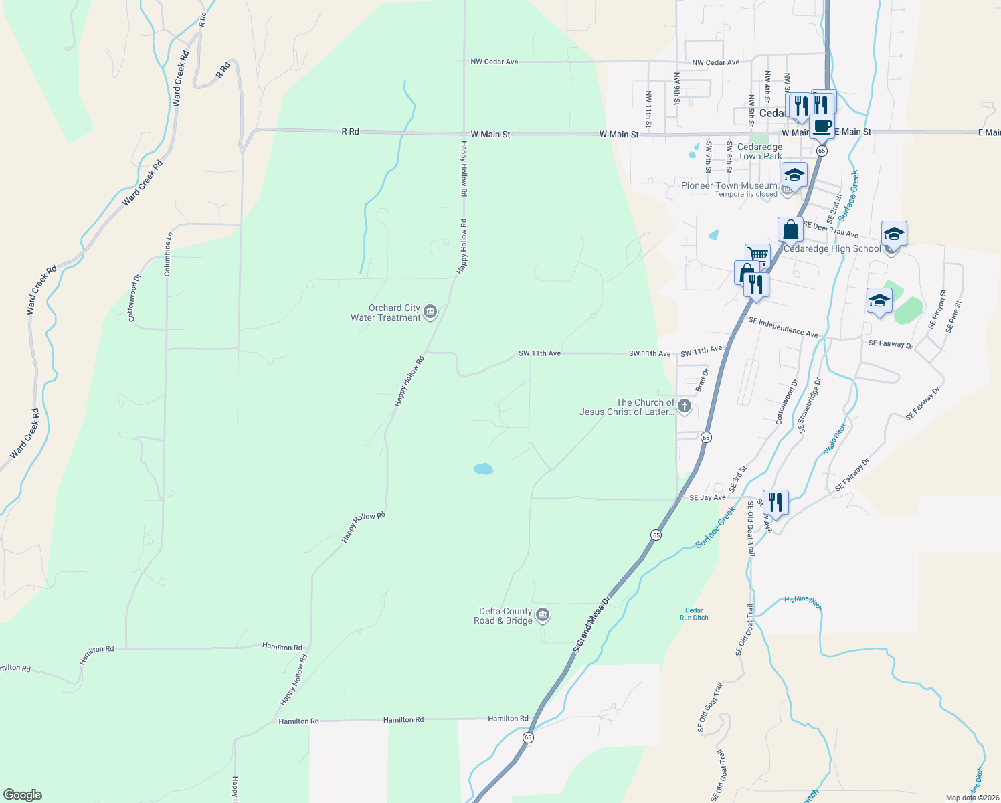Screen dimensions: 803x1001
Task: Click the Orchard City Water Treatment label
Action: pyautogui.click(x=385, y=313)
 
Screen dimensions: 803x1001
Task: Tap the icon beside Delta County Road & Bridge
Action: pyautogui.click(x=543, y=615)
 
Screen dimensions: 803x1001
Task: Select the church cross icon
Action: pyautogui.click(x=684, y=406)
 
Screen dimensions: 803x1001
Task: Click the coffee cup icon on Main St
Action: pyautogui.click(x=822, y=126)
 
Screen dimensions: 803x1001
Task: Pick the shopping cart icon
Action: pyautogui.click(x=757, y=255)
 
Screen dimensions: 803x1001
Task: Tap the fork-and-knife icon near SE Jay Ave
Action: pyautogui.click(x=775, y=501)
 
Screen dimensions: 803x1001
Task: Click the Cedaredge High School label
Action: pyautogui.click(x=832, y=248)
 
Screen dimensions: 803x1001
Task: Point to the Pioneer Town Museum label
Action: pyautogui.click(x=729, y=185)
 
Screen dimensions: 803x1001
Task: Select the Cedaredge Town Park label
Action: pyautogui.click(x=759, y=151)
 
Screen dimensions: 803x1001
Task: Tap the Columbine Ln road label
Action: pyautogui.click(x=168, y=254)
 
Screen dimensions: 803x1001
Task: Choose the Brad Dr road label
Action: pyautogui.click(x=701, y=380)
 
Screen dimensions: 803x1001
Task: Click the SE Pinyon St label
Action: pyautogui.click(x=937, y=309)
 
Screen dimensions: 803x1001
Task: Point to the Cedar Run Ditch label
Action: pyautogui.click(x=694, y=614)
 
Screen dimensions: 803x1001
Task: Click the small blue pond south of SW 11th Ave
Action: pyautogui.click(x=483, y=469)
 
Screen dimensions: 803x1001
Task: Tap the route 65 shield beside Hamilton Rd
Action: pyautogui.click(x=529, y=737)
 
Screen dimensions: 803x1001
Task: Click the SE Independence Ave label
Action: pyautogui.click(x=783, y=327)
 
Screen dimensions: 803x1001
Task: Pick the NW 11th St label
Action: pyautogui.click(x=648, y=109)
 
